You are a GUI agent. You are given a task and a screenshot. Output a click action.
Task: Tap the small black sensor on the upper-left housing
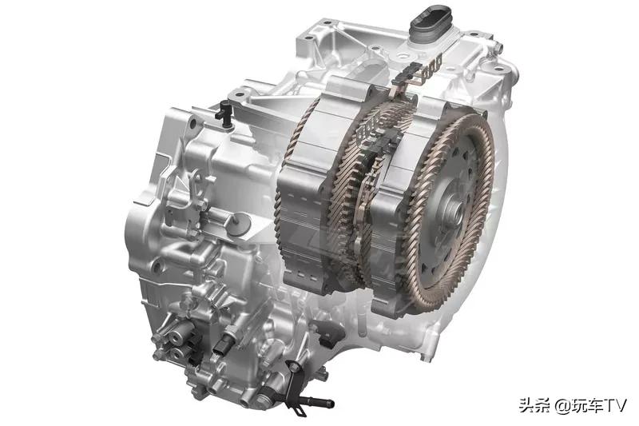224,112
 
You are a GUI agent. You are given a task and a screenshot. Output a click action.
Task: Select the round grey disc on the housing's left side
239,224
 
